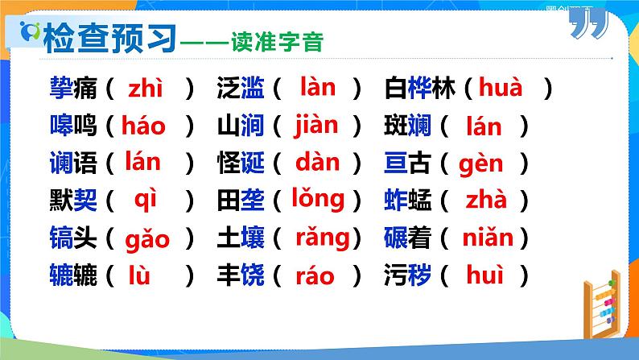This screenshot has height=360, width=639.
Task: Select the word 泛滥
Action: pos(241,89)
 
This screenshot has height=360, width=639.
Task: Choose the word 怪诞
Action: pos(241,164)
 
